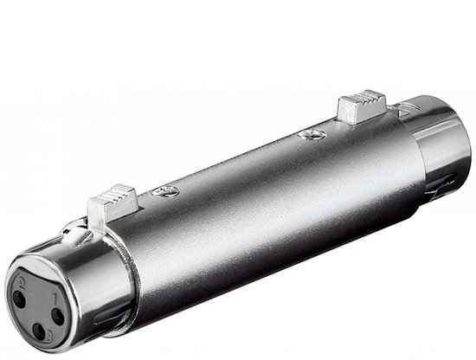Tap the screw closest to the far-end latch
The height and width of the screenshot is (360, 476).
pyautogui.click(x=310, y=136)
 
